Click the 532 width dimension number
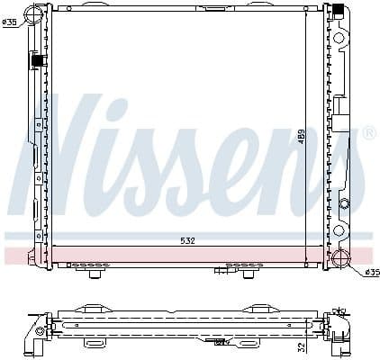(186, 240)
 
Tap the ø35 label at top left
(8, 22)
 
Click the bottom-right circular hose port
(341, 259)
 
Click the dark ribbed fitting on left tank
(38, 61)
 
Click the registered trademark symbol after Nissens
(368, 134)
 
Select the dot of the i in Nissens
(148, 105)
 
